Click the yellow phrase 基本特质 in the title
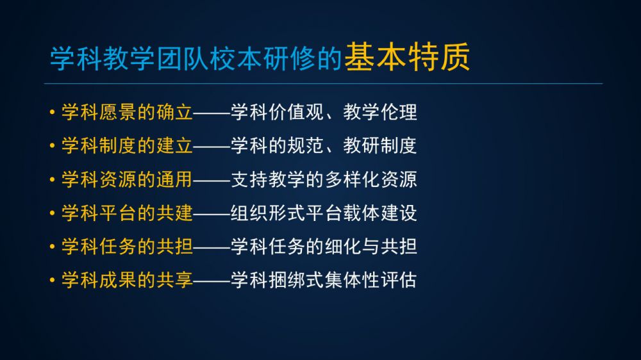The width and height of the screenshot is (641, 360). coord(407,57)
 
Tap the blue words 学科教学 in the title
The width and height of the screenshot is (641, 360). coord(102,58)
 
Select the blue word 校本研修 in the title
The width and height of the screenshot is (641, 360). coord(262,58)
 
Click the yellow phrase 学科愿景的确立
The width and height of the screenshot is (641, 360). coord(127,112)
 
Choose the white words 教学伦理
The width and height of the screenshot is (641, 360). coord(380,112)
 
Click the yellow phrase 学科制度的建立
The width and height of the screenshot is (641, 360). coord(127,145)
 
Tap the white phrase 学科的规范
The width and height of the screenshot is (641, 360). coord(278,145)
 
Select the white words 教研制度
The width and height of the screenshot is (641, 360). coord(380,145)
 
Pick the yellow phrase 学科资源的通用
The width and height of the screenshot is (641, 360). coord(127,179)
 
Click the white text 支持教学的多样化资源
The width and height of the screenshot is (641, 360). coord(324,179)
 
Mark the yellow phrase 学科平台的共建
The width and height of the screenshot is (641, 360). coord(127,213)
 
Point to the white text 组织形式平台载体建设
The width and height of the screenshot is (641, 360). coord(324,213)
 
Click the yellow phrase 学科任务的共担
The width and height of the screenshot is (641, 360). coord(127,247)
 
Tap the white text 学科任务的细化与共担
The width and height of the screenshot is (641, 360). coord(324,247)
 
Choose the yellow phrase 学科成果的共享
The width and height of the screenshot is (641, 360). coord(127,280)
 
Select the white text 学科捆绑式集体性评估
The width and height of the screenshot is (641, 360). coord(324,280)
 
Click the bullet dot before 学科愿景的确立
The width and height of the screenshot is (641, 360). coord(52,111)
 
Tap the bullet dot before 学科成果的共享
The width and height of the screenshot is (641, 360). coord(52,280)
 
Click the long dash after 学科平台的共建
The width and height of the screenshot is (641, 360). coord(212,213)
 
